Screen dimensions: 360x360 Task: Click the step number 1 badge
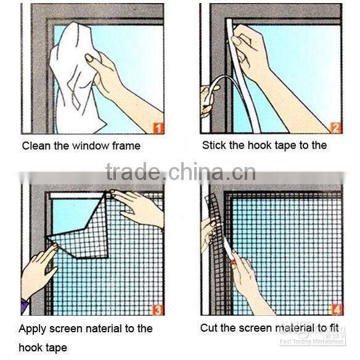pyautogui.click(x=157, y=128)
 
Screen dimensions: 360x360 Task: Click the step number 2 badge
pyautogui.click(x=335, y=128)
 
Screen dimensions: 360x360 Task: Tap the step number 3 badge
pyautogui.click(x=157, y=310)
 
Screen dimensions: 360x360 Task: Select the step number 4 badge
pyautogui.click(x=335, y=310)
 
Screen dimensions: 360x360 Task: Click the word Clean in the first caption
pyautogui.click(x=36, y=146)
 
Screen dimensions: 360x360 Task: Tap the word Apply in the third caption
pyautogui.click(x=33, y=329)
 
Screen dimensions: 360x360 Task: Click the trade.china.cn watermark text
pyautogui.click(x=180, y=172)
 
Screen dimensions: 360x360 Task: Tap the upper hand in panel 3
pyautogui.click(x=139, y=207)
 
